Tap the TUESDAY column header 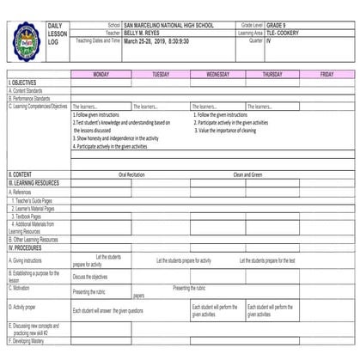(160, 75)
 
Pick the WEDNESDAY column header (218, 75)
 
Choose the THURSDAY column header (272, 75)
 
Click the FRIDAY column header (326, 75)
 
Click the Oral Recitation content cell (131, 174)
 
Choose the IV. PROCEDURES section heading (27, 247)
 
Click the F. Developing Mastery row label (30, 342)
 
